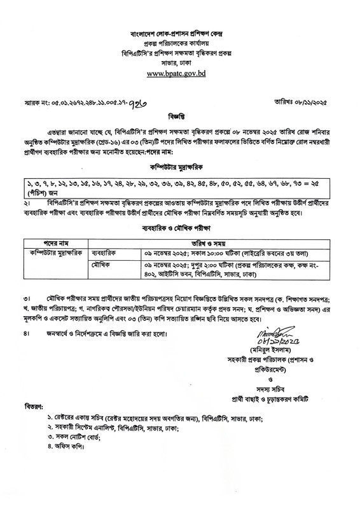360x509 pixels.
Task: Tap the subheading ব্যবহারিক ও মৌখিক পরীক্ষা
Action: [x=180, y=227]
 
